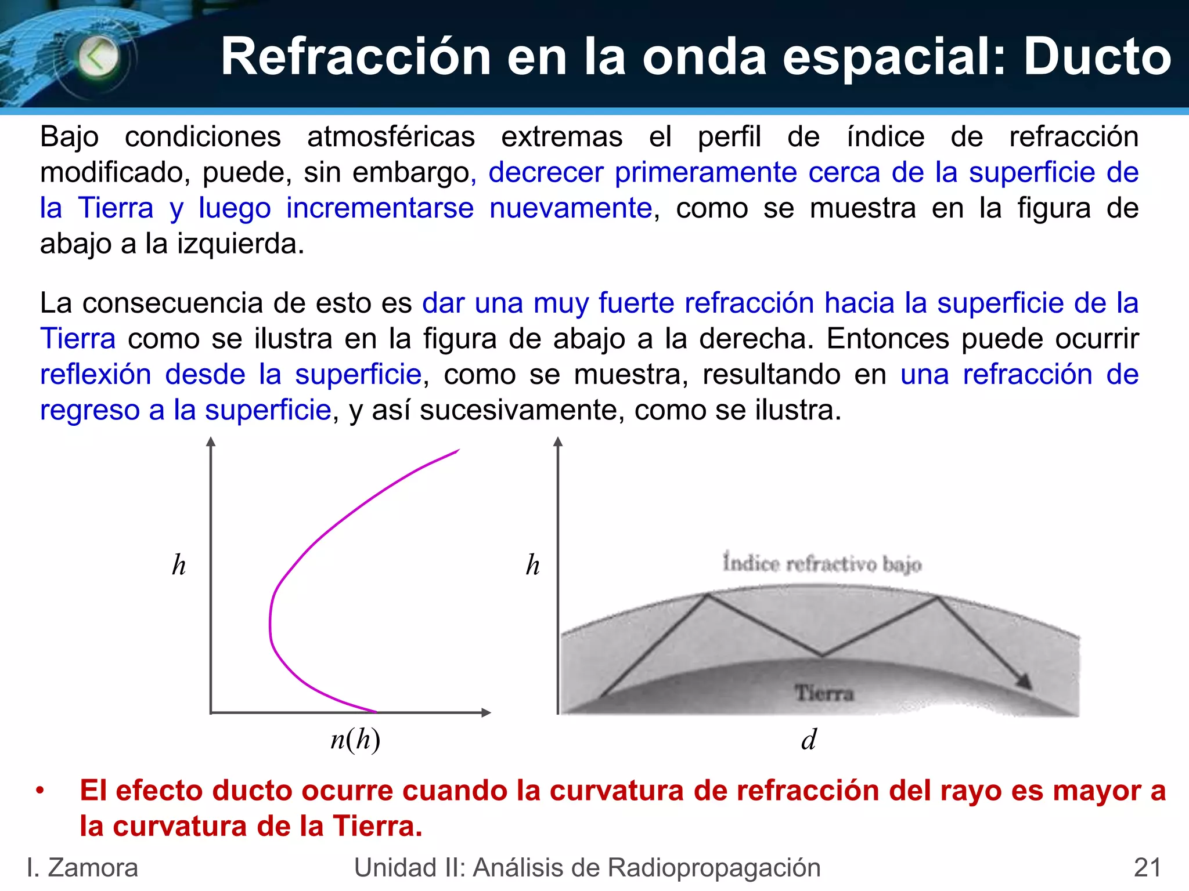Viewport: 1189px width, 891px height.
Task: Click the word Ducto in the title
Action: tap(1097, 57)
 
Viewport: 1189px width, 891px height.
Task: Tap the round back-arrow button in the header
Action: tap(98, 57)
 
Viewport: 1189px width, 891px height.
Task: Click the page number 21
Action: tap(1147, 868)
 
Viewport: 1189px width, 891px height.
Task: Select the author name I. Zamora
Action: tap(82, 868)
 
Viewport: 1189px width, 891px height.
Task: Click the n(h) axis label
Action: tap(355, 740)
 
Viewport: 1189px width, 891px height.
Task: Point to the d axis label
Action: tap(809, 740)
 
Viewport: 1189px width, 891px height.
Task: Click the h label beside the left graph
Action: tap(179, 565)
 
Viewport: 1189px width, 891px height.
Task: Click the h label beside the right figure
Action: tap(532, 565)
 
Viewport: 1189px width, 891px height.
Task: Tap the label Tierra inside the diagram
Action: tap(824, 693)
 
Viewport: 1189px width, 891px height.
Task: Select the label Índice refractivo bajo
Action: tap(822, 563)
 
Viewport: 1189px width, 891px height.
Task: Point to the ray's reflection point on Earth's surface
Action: tap(822, 656)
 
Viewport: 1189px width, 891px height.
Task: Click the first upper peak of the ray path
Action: tap(708, 595)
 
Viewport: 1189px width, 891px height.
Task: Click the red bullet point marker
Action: tap(40, 791)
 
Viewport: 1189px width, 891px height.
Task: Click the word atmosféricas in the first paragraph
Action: tap(391, 137)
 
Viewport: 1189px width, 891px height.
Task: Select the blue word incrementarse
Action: tap(380, 208)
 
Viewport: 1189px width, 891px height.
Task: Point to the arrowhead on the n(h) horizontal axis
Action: tap(487, 712)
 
